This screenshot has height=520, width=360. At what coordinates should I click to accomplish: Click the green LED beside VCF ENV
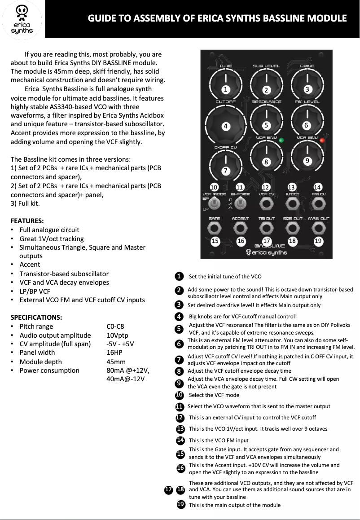[281, 141]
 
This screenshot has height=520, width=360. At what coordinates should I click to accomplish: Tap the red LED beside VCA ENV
[322, 141]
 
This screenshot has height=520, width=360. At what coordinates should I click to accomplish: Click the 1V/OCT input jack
[292, 205]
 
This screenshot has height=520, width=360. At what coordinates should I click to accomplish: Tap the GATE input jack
[215, 229]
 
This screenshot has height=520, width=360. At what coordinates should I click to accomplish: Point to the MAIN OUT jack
[318, 229]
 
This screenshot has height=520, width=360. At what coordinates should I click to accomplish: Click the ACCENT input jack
[241, 229]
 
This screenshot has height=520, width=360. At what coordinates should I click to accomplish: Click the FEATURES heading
[27, 220]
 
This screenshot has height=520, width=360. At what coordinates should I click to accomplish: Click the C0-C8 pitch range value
[115, 326]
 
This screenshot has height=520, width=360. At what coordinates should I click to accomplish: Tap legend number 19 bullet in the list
[180, 504]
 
